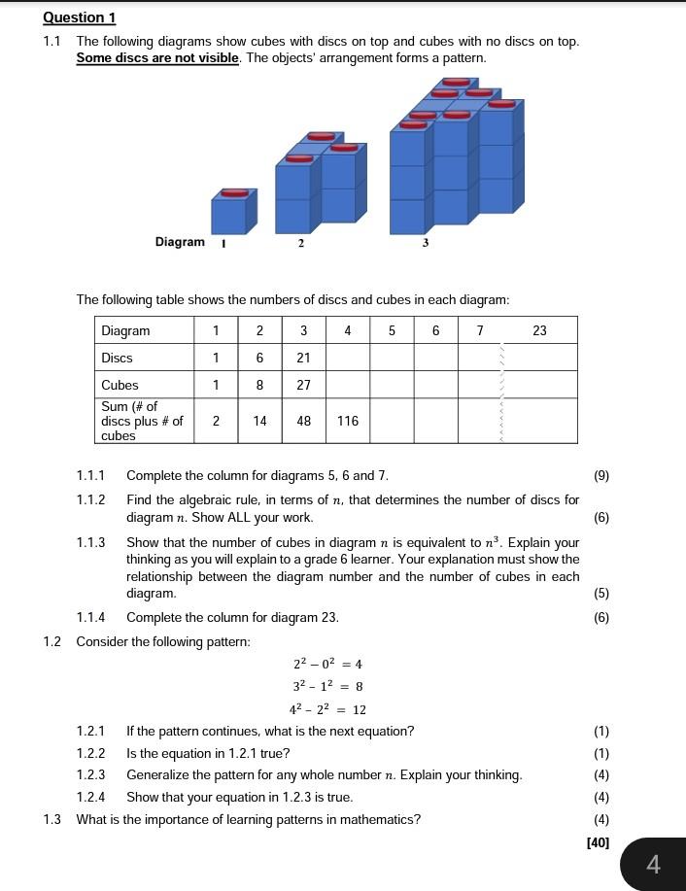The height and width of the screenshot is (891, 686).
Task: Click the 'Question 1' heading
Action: pos(79,17)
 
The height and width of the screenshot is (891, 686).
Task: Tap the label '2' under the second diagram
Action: pos(300,243)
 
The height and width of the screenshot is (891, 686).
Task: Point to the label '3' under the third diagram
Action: pos(426,243)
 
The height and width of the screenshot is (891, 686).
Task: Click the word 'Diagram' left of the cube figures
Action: pos(180,242)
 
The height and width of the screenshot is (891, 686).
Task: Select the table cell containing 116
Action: pos(348,421)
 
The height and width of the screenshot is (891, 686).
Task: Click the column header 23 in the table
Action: pos(540,330)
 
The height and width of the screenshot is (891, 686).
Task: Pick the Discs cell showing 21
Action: pos(303,358)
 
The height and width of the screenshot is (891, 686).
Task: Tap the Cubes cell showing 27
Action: pos(303,385)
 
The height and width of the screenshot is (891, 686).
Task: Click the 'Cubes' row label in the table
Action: pos(120,385)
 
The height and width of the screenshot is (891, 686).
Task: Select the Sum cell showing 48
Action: pos(303,421)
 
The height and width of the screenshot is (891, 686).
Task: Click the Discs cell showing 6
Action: pos(259,358)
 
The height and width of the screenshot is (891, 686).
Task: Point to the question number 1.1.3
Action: pos(91,543)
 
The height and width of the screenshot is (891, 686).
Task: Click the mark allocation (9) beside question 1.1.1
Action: pos(601,476)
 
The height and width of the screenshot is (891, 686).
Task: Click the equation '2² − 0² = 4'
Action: pos(327,665)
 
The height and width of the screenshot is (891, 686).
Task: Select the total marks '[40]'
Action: pos(598,842)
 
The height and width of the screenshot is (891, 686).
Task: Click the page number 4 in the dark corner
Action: pos(653,864)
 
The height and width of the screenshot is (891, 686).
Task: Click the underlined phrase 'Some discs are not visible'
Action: pos(157,57)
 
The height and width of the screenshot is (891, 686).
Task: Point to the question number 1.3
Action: pos(51,819)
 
